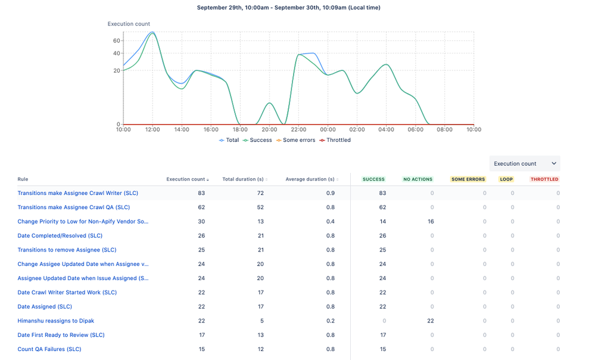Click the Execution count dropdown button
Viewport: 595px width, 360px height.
[524, 163]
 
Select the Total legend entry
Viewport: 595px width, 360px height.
[229, 140]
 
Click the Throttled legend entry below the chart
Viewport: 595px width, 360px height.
[335, 140]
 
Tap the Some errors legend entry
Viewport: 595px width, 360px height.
[298, 140]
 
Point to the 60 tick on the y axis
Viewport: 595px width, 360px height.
[116, 41]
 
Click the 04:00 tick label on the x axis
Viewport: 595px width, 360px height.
[386, 129]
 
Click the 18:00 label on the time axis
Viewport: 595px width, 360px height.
[240, 129]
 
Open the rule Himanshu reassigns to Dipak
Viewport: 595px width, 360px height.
[56, 321]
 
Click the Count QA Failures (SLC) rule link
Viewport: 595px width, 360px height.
[49, 349]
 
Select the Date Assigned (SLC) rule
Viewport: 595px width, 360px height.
[45, 306]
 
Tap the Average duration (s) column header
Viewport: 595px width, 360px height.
[310, 179]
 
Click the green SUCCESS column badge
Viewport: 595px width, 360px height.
[373, 179]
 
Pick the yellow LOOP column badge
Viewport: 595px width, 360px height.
[506, 179]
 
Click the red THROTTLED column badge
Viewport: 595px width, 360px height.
[544, 179]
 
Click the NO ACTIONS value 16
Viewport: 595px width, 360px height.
[430, 221]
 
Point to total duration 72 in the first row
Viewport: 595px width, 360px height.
[260, 193]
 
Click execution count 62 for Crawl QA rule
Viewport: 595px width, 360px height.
[201, 207]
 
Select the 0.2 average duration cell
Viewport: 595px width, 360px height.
[331, 321]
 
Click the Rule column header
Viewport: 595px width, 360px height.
[23, 179]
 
